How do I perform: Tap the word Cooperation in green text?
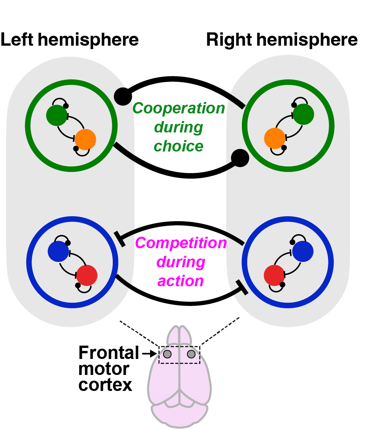tap(179, 108)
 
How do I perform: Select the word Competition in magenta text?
tap(181, 243)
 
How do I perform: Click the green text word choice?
tap(179, 146)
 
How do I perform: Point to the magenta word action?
tap(181, 281)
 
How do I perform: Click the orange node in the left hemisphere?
tap(85, 139)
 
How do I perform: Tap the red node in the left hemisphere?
tap(87, 276)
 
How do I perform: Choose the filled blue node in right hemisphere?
tap(303, 251)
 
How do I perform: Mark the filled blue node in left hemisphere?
tap(58, 251)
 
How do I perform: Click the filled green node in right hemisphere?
tap(304, 113)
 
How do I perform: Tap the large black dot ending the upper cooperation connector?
tap(123, 96)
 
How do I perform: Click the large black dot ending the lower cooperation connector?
tap(240, 157)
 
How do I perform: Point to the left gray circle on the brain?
tap(167, 354)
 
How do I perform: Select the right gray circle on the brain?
tap(191, 354)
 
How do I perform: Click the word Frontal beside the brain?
tap(109, 353)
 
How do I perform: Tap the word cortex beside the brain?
tap(105, 385)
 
